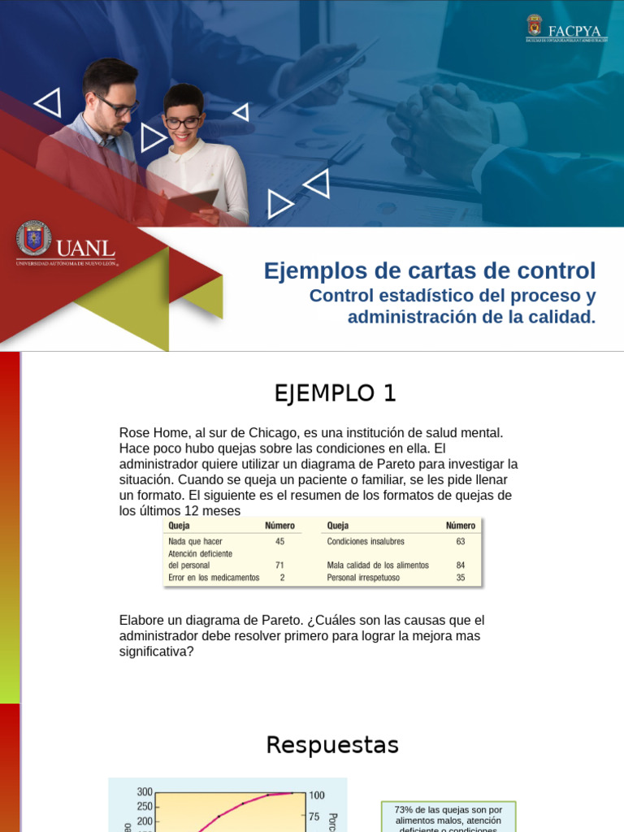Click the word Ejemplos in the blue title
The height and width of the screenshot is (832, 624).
(x=312, y=271)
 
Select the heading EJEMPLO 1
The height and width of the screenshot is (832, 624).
(x=335, y=393)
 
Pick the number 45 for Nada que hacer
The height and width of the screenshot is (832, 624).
(x=279, y=541)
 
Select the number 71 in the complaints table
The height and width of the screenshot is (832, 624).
(x=279, y=565)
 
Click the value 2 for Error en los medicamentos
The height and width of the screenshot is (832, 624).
(x=282, y=578)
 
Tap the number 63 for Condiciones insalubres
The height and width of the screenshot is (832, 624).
(x=461, y=541)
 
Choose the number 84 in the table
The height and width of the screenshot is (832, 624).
(x=461, y=565)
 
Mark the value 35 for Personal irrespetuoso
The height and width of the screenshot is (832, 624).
(x=461, y=578)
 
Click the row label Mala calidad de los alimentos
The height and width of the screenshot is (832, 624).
(x=378, y=565)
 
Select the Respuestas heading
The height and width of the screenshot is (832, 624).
(x=332, y=745)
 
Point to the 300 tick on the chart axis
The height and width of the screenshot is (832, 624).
(x=145, y=792)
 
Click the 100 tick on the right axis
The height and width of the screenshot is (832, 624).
(x=316, y=795)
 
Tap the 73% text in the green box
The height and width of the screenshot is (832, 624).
(x=404, y=810)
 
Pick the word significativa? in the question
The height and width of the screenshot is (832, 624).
(x=157, y=651)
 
